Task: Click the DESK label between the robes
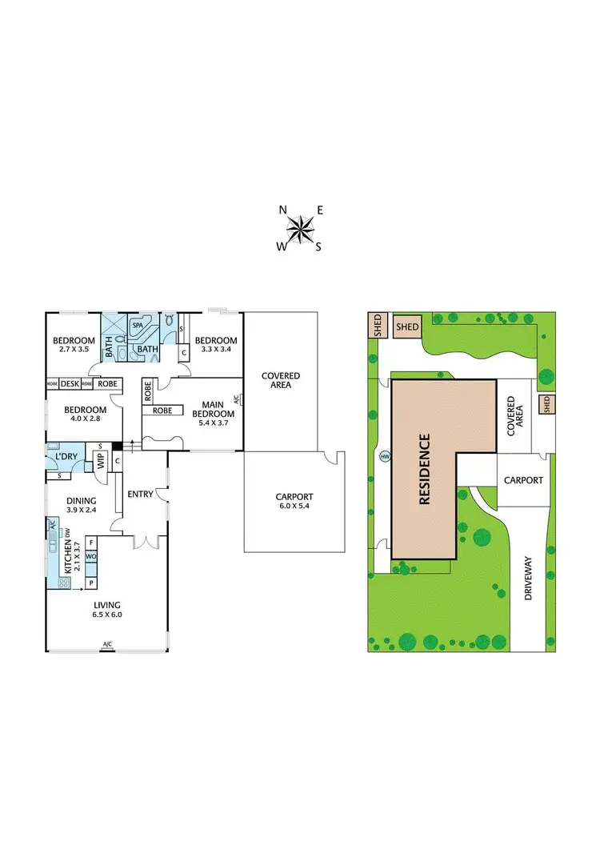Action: [x=69, y=384]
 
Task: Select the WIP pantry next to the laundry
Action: [x=102, y=461]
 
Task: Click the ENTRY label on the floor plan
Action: [x=140, y=494]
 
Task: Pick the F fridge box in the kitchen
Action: [x=90, y=542]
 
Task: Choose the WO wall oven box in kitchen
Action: [x=90, y=555]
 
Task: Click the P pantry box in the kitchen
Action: [x=90, y=583]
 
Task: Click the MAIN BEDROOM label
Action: [x=217, y=408]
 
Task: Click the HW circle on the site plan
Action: [x=385, y=456]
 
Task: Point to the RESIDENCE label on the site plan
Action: [x=425, y=468]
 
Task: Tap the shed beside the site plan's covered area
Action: [x=547, y=404]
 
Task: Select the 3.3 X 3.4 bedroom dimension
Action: [x=216, y=349]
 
